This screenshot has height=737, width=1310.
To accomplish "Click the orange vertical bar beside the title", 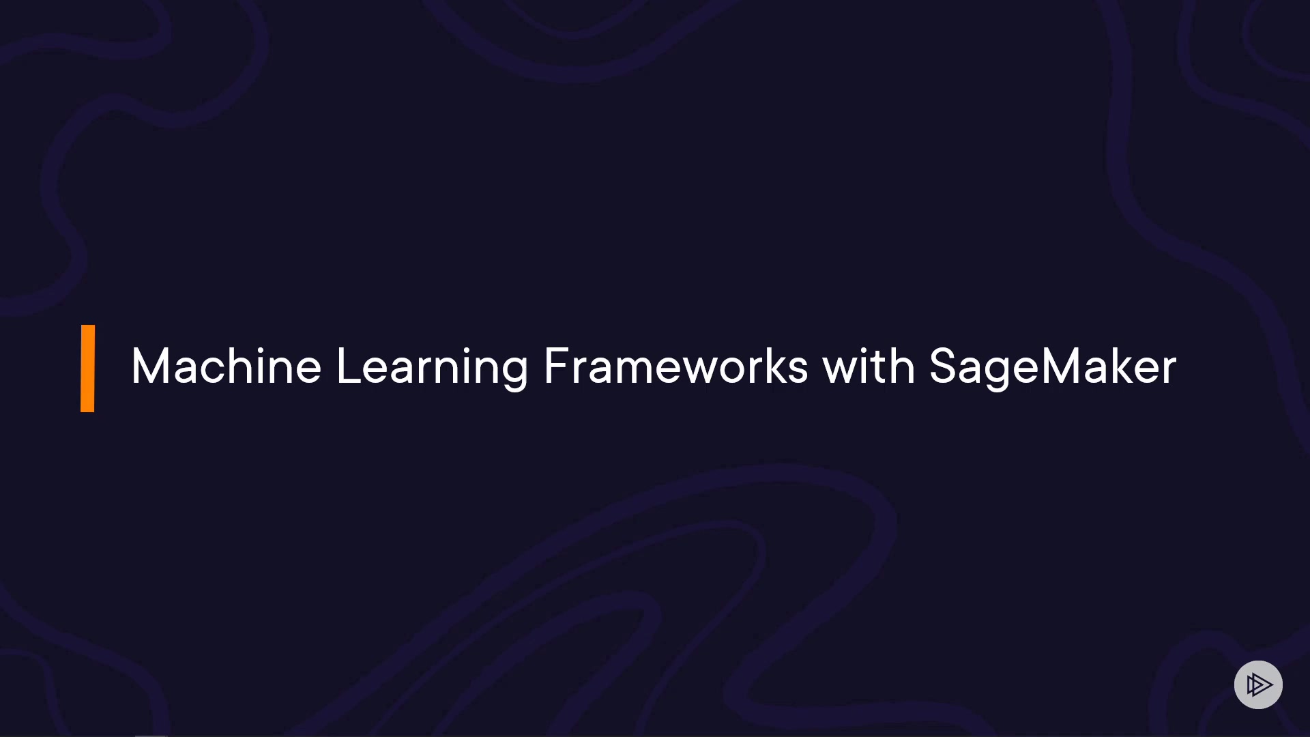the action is (x=87, y=369).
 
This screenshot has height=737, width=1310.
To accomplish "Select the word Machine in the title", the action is (x=226, y=366).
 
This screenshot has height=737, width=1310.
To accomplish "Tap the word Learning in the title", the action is (x=432, y=369).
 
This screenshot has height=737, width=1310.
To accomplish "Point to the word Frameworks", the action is (x=676, y=366).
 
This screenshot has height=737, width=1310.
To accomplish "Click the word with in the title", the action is (x=869, y=366).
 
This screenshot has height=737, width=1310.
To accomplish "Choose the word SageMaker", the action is (x=1053, y=369).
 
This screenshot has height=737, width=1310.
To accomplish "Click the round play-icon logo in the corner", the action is (x=1258, y=684).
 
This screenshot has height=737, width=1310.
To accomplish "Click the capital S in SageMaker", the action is (x=944, y=366).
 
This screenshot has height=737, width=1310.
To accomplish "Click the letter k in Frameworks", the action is (x=770, y=366).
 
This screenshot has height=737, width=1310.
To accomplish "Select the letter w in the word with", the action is (x=843, y=371).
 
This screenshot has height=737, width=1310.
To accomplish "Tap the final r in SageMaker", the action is (x=1169, y=371).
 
